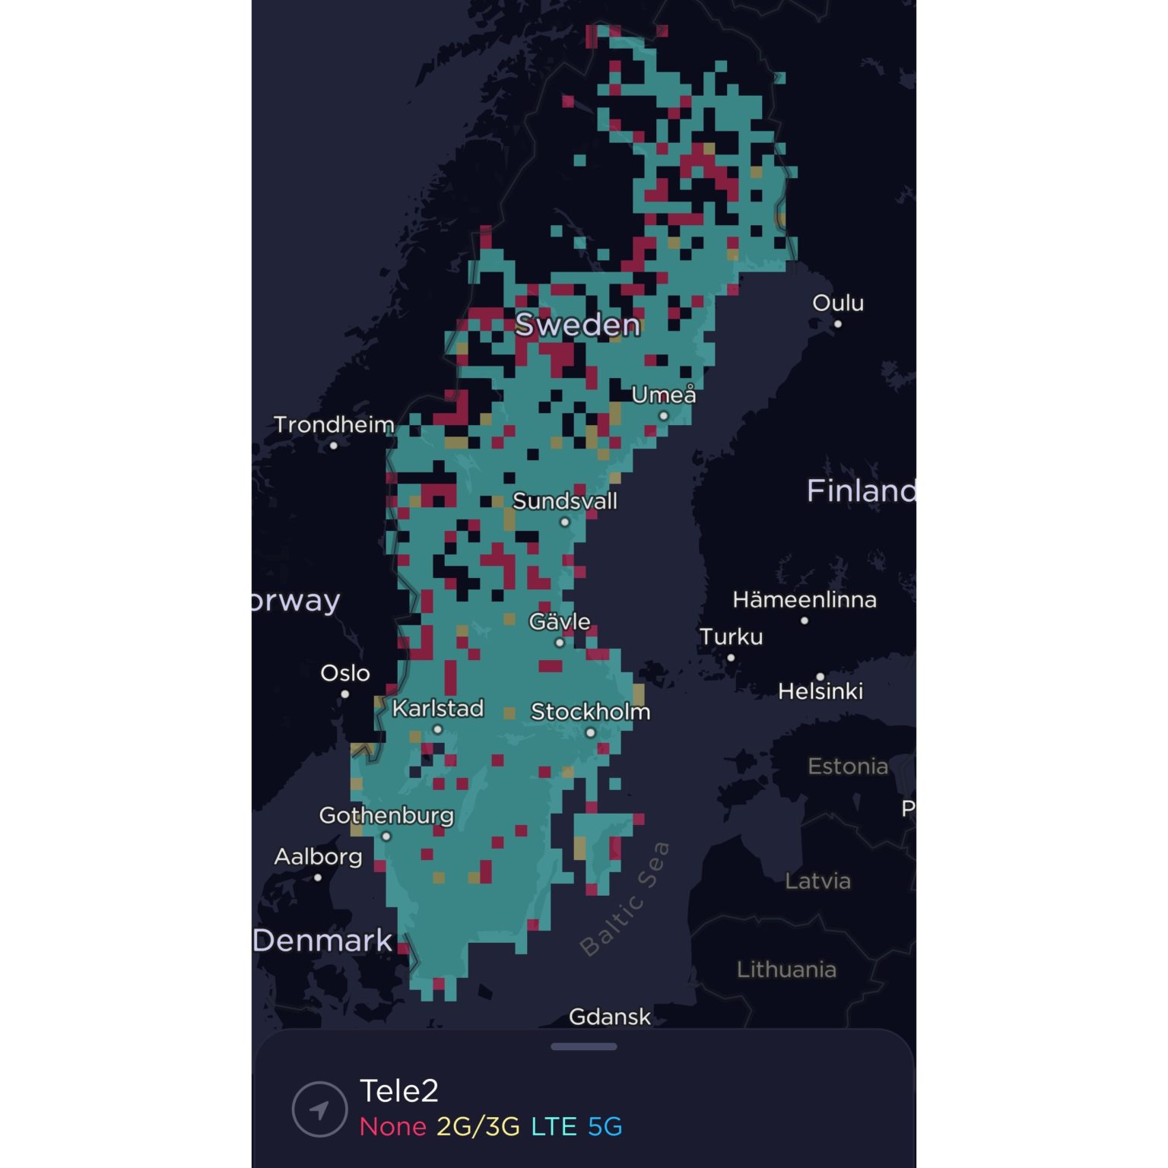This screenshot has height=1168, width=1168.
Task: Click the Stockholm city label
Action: click(x=590, y=712)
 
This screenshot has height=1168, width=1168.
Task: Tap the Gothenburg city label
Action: click(x=386, y=815)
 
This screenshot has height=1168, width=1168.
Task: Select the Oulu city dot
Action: click(x=838, y=324)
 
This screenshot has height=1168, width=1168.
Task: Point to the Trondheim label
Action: click(x=334, y=424)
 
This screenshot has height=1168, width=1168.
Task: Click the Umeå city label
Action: click(x=663, y=395)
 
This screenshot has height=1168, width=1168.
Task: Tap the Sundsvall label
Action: click(x=565, y=501)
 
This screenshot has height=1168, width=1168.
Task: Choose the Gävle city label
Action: click(x=560, y=621)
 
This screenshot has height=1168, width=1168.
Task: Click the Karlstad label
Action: click(x=438, y=709)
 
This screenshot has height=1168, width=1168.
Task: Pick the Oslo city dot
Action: click(x=345, y=693)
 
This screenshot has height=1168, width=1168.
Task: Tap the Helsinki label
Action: click(x=820, y=691)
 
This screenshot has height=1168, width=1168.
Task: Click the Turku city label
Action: click(x=731, y=636)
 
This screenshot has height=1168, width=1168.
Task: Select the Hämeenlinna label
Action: click(x=805, y=600)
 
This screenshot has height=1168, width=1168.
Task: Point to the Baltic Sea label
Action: click(x=625, y=898)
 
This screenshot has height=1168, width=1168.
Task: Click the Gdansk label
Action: click(x=610, y=1017)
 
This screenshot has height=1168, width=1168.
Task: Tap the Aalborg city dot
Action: click(x=318, y=878)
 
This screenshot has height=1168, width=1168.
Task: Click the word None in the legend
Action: click(x=392, y=1126)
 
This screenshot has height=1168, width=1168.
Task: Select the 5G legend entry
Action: click(x=605, y=1126)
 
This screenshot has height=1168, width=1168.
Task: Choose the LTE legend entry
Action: click(x=554, y=1126)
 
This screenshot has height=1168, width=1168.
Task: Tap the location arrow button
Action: click(x=319, y=1109)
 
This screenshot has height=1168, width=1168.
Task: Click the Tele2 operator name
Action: click(x=399, y=1091)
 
